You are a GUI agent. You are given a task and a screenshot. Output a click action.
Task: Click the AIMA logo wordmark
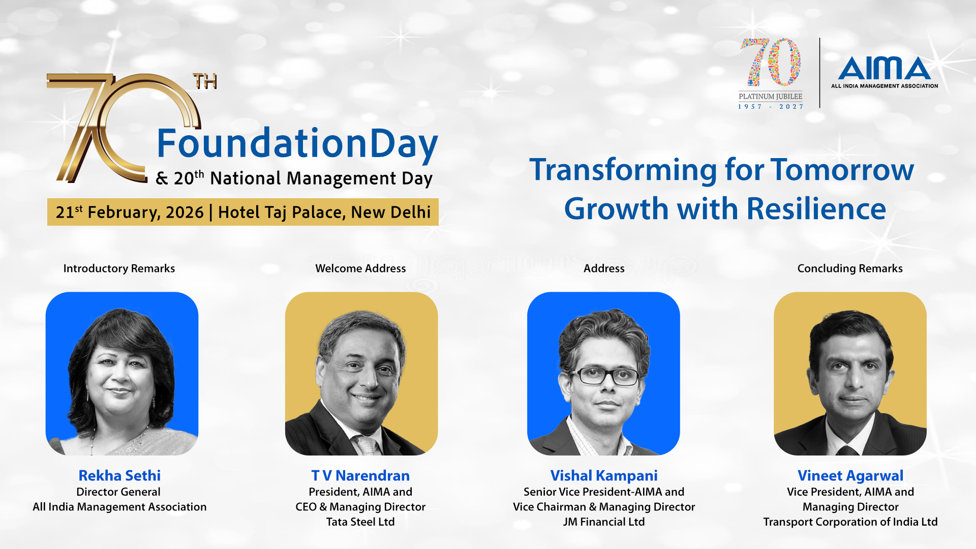pyautogui.click(x=884, y=68)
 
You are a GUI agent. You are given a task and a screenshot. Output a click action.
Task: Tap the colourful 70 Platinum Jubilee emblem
pyautogui.click(x=771, y=73)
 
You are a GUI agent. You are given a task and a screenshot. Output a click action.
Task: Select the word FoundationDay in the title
pyautogui.click(x=297, y=144)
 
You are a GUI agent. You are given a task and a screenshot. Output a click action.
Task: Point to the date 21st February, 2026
pyautogui.click(x=130, y=212)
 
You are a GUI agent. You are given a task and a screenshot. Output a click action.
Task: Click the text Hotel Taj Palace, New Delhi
pyautogui.click(x=324, y=212)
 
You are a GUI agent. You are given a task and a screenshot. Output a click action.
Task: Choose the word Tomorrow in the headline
pyautogui.click(x=842, y=170)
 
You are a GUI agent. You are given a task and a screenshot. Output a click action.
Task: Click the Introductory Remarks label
pyautogui.click(x=119, y=268)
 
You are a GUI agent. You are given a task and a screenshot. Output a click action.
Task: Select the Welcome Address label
pyautogui.click(x=360, y=268)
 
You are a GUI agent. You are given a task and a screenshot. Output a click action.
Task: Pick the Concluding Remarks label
pyautogui.click(x=850, y=268)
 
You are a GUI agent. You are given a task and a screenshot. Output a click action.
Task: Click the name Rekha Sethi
pyautogui.click(x=119, y=476)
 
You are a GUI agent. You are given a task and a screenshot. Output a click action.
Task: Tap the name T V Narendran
pyautogui.click(x=360, y=476)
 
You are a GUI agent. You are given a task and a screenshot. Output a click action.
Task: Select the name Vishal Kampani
pyautogui.click(x=604, y=476)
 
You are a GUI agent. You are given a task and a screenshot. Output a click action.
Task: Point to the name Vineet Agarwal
pyautogui.click(x=850, y=476)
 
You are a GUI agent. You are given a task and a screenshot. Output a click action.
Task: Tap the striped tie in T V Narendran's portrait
pyautogui.click(x=365, y=445)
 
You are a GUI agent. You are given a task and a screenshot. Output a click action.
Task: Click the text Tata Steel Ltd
pyautogui.click(x=360, y=522)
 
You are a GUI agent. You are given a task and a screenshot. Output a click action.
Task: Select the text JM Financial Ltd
pyautogui.click(x=604, y=522)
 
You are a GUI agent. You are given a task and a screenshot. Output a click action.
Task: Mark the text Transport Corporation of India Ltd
pyautogui.click(x=850, y=522)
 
